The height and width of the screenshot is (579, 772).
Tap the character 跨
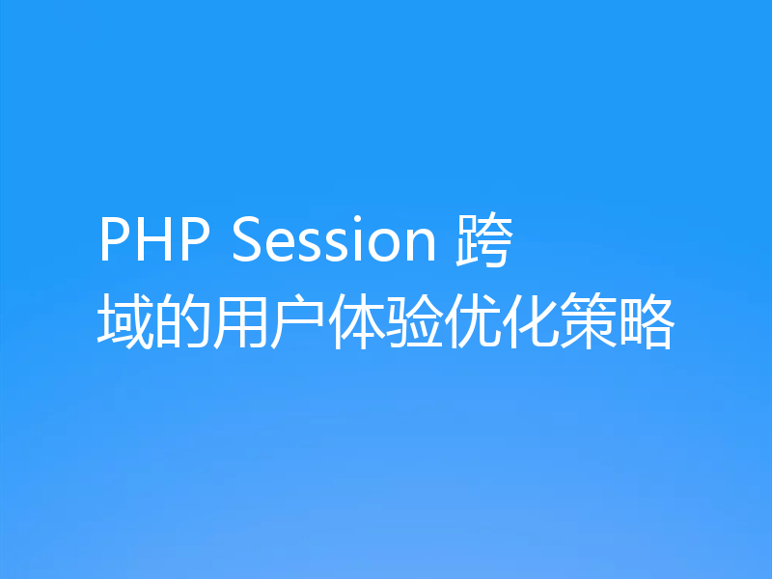tap(482, 242)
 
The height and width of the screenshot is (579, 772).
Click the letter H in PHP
tap(154, 242)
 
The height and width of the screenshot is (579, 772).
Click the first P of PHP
tap(115, 242)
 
